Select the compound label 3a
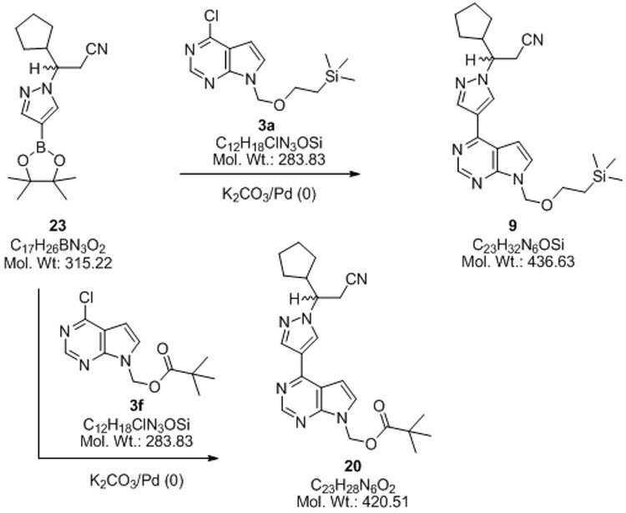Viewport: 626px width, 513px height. (265, 126)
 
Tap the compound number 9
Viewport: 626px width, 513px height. (512, 226)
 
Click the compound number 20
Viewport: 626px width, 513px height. (353, 466)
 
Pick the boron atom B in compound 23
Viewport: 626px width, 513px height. (41, 148)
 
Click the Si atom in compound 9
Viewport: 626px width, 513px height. (599, 176)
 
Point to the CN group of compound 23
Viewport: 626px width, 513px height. (98, 49)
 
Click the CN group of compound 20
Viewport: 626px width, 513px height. (357, 279)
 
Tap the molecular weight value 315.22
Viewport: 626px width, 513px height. (88, 263)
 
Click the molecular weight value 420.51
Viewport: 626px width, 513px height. (386, 502)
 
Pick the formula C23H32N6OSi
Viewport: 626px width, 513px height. (518, 245)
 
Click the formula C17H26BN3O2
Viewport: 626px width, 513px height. (58, 246)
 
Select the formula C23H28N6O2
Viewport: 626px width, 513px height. (353, 485)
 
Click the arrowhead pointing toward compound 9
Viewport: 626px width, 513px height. (355, 174)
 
